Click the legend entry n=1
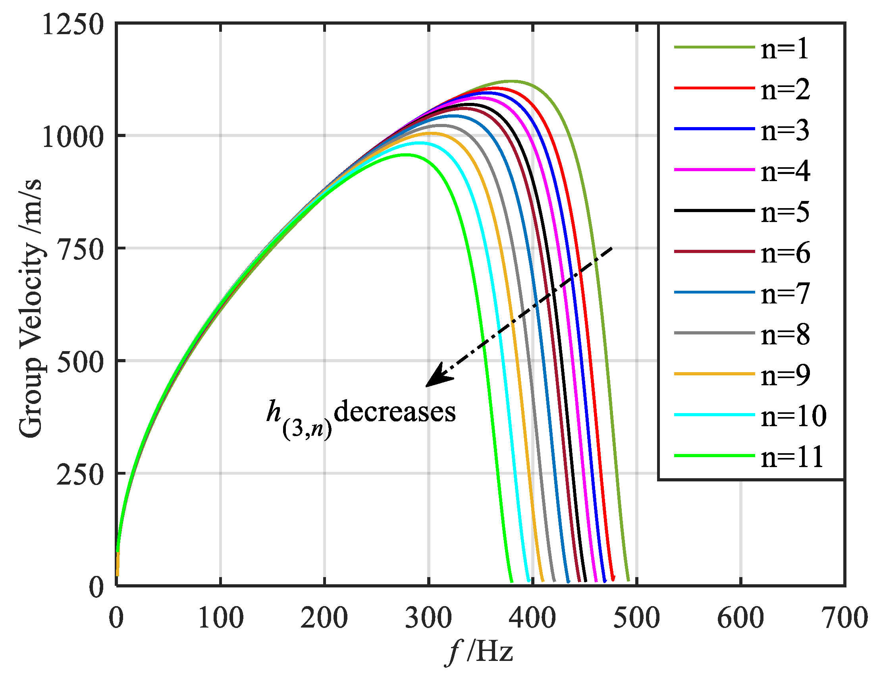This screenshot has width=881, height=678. point(785,49)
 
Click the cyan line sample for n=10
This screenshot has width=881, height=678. point(714,415)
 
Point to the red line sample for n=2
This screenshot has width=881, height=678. point(714,88)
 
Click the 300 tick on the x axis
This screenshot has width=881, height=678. point(428,618)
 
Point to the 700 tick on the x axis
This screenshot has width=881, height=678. point(845,618)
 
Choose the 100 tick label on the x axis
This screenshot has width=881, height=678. point(221,618)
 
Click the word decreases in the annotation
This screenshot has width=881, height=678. point(395,412)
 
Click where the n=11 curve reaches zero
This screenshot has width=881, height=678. point(511,581)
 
